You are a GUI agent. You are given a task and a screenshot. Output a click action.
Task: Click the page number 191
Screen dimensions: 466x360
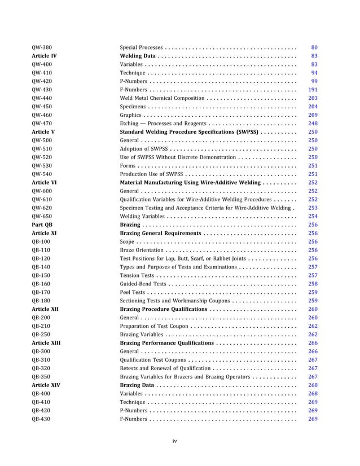(x=313, y=89)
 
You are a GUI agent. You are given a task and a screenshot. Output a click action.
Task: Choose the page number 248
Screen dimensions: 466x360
(x=313, y=123)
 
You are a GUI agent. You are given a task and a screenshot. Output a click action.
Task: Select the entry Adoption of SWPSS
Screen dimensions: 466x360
(x=144, y=148)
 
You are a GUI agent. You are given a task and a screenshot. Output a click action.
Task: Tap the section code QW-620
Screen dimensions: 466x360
(x=42, y=208)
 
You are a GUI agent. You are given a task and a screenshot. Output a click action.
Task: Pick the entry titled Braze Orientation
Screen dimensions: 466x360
(x=143, y=250)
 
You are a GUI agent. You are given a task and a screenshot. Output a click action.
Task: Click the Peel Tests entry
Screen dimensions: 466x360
(x=133, y=292)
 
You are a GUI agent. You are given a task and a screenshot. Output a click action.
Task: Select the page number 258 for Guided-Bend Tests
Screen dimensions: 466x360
(x=313, y=284)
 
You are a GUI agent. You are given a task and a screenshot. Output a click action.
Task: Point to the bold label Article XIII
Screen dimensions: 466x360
(x=46, y=343)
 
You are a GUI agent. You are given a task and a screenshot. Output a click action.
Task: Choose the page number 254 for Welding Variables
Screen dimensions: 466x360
(x=313, y=216)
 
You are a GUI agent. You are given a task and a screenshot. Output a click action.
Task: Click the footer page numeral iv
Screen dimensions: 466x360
(x=175, y=441)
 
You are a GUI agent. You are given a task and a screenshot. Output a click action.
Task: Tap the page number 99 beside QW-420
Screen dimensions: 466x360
(x=314, y=81)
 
